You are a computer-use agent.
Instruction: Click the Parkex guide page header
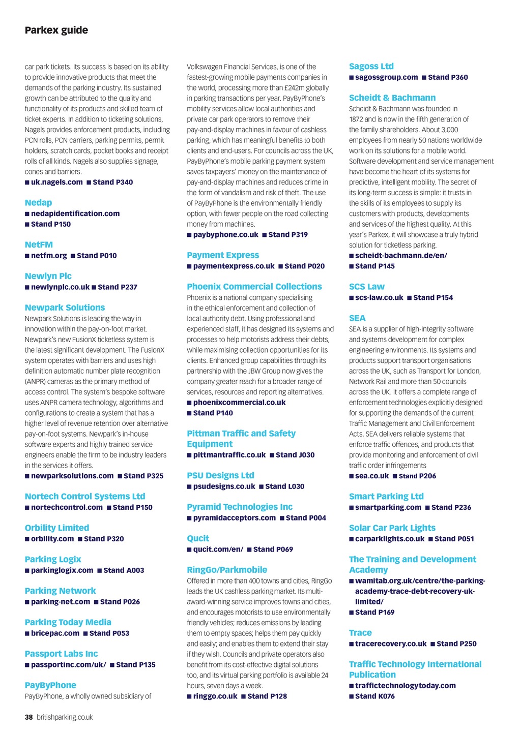pyautogui.click(x=56, y=30)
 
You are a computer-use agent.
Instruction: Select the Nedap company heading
pyautogui.click(x=38, y=203)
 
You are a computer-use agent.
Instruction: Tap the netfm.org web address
pyautogui.click(x=49, y=256)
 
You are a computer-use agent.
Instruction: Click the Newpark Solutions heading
pyautogui.click(x=65, y=308)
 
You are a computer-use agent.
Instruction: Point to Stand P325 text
pyautogui.click(x=143, y=476)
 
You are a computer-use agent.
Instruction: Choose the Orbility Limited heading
pyautogui.click(x=57, y=528)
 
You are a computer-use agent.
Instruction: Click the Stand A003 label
pyautogui.click(x=124, y=570)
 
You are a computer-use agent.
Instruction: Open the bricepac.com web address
pyautogui.click(x=55, y=633)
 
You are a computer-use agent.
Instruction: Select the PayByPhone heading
pyautogui.click(x=50, y=685)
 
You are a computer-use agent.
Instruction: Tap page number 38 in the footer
pyautogui.click(x=29, y=717)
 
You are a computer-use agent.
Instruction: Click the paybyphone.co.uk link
pyautogui.click(x=225, y=235)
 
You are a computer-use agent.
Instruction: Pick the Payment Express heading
pyautogui.click(x=223, y=255)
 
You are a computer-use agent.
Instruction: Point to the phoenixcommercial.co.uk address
pyautogui.click(x=239, y=403)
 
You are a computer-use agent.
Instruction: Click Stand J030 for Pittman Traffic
pyautogui.click(x=295, y=455)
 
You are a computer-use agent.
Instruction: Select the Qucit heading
pyautogui.click(x=198, y=538)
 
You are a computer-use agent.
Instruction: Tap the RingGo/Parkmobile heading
pyautogui.click(x=227, y=570)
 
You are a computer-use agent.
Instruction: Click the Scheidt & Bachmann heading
pyautogui.click(x=392, y=98)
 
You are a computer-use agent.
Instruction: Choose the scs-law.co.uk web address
pyautogui.click(x=379, y=298)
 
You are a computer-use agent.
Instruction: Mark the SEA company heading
pyautogui.click(x=357, y=318)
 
